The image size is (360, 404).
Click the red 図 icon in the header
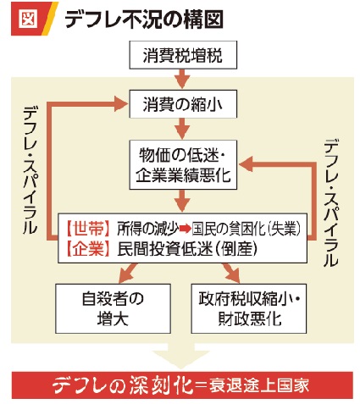click(28, 19)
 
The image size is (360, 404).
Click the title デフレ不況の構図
click(144, 19)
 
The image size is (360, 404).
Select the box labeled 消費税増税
click(183, 55)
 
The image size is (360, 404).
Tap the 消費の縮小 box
click(183, 104)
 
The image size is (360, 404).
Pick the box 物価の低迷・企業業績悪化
click(183, 164)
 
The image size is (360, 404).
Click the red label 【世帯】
click(88, 228)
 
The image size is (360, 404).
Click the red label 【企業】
click(88, 249)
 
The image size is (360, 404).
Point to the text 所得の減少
click(148, 229)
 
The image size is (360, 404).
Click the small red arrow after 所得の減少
click(186, 229)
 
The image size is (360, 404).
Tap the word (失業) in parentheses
click(283, 229)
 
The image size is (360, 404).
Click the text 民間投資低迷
click(164, 249)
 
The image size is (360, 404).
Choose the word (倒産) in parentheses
click(236, 249)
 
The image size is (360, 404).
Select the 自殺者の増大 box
click(113, 308)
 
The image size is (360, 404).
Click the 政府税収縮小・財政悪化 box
click(249, 308)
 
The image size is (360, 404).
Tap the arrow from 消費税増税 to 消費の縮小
click(182, 79)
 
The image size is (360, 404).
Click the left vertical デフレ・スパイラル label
click(30, 170)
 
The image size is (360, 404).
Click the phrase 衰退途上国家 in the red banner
click(259, 385)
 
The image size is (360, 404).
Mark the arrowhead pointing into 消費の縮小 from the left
click(121, 103)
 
